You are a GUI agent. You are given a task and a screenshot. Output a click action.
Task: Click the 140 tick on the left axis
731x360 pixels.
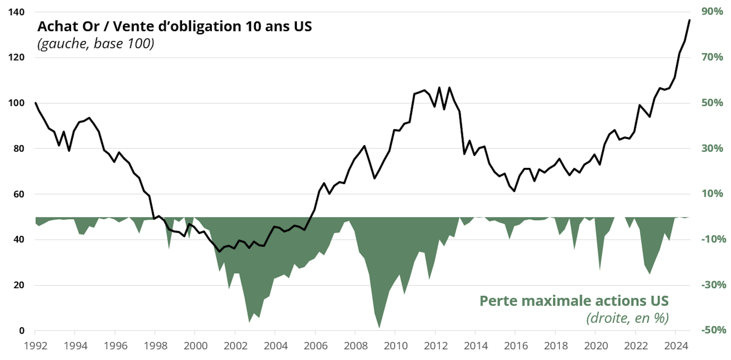tap(16, 12)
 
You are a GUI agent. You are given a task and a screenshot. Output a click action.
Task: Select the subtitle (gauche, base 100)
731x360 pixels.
tap(96, 43)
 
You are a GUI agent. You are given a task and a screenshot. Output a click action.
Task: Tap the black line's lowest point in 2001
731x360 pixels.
tap(219, 252)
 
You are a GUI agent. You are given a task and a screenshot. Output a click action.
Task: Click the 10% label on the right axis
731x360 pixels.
tap(712, 194)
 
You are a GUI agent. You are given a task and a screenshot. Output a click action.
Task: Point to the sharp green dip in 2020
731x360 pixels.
tap(600, 269)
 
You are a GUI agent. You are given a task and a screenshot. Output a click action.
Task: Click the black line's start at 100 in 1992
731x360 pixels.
tap(35, 103)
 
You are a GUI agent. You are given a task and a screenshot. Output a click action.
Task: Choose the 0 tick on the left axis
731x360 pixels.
tap(22, 331)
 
